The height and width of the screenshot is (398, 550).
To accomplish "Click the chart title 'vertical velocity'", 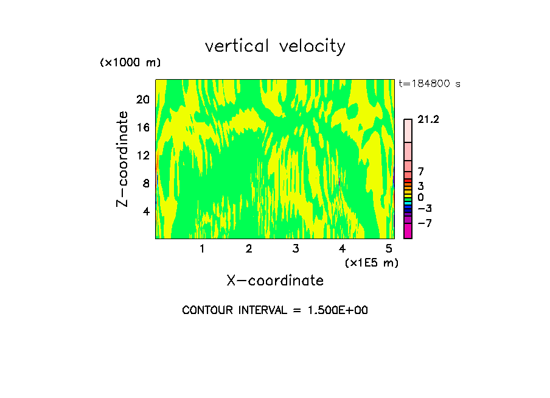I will click(x=275, y=46).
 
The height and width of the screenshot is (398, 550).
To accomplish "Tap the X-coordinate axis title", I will click(x=275, y=281).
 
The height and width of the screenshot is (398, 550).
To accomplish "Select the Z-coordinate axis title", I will click(x=123, y=159).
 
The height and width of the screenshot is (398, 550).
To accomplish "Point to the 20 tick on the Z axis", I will click(x=142, y=100).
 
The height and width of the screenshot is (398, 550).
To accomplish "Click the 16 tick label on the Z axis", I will click(x=142, y=128).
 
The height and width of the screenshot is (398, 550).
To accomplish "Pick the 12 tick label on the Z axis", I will click(x=142, y=156).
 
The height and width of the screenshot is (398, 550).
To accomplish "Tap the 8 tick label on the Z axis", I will click(x=145, y=184).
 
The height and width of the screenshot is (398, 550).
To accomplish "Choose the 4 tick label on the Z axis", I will click(x=145, y=212).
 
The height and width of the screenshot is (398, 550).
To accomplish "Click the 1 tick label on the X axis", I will click(x=202, y=248).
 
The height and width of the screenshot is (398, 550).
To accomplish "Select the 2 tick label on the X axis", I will click(x=249, y=248).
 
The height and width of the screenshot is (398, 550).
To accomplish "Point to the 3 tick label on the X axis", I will click(x=295, y=248).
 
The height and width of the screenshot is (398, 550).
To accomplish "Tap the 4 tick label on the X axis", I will click(x=342, y=248).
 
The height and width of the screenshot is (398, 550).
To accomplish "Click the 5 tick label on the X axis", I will click(x=389, y=248).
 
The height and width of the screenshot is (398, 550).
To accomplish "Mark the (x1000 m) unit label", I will click(x=130, y=63).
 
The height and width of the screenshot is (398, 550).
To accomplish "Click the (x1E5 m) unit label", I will click(x=372, y=263).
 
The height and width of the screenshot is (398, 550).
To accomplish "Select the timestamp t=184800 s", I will click(x=430, y=84).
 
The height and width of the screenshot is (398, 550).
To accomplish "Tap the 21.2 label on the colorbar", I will click(x=428, y=120).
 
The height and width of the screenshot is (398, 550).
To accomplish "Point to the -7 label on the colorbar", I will click(x=425, y=223).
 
